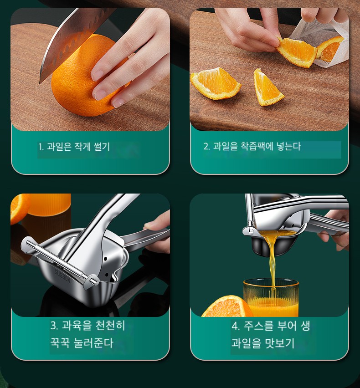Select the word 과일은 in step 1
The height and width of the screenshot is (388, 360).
point(59,147)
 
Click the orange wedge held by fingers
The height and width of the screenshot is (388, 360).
point(297,51)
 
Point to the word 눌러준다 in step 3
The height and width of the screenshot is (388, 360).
point(93,343)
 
